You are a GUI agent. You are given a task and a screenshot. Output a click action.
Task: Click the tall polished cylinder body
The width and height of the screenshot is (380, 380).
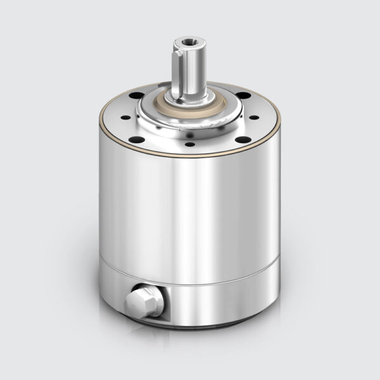(190, 209)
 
